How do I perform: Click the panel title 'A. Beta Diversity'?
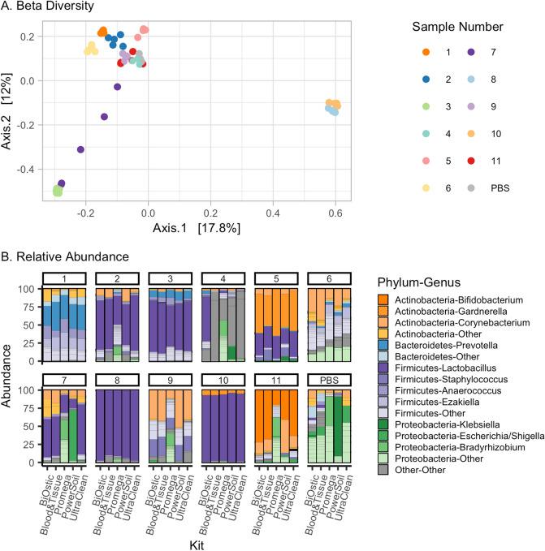click(54, 6)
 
